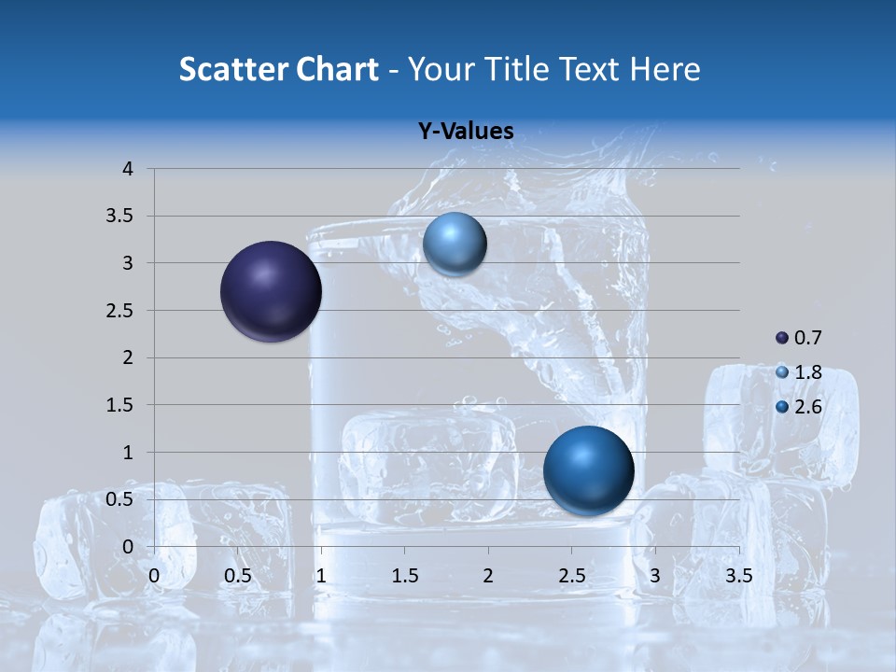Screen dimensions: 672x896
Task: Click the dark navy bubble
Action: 272,291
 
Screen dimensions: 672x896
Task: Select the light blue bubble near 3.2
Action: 455,245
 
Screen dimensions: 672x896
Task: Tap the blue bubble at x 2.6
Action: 588,470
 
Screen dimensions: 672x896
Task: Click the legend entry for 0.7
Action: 799,338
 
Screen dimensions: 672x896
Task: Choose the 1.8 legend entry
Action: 799,372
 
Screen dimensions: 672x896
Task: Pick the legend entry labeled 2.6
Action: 799,407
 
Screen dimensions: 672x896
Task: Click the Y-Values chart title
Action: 465,132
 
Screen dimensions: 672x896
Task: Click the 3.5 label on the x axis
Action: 738,576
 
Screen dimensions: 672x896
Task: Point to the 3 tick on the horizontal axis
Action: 655,576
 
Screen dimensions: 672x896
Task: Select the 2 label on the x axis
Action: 488,576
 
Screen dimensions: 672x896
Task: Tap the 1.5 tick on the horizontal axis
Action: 404,576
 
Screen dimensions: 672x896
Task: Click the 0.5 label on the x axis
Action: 237,576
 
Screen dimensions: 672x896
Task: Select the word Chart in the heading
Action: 337,69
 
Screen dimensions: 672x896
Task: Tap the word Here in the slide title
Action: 665,69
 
